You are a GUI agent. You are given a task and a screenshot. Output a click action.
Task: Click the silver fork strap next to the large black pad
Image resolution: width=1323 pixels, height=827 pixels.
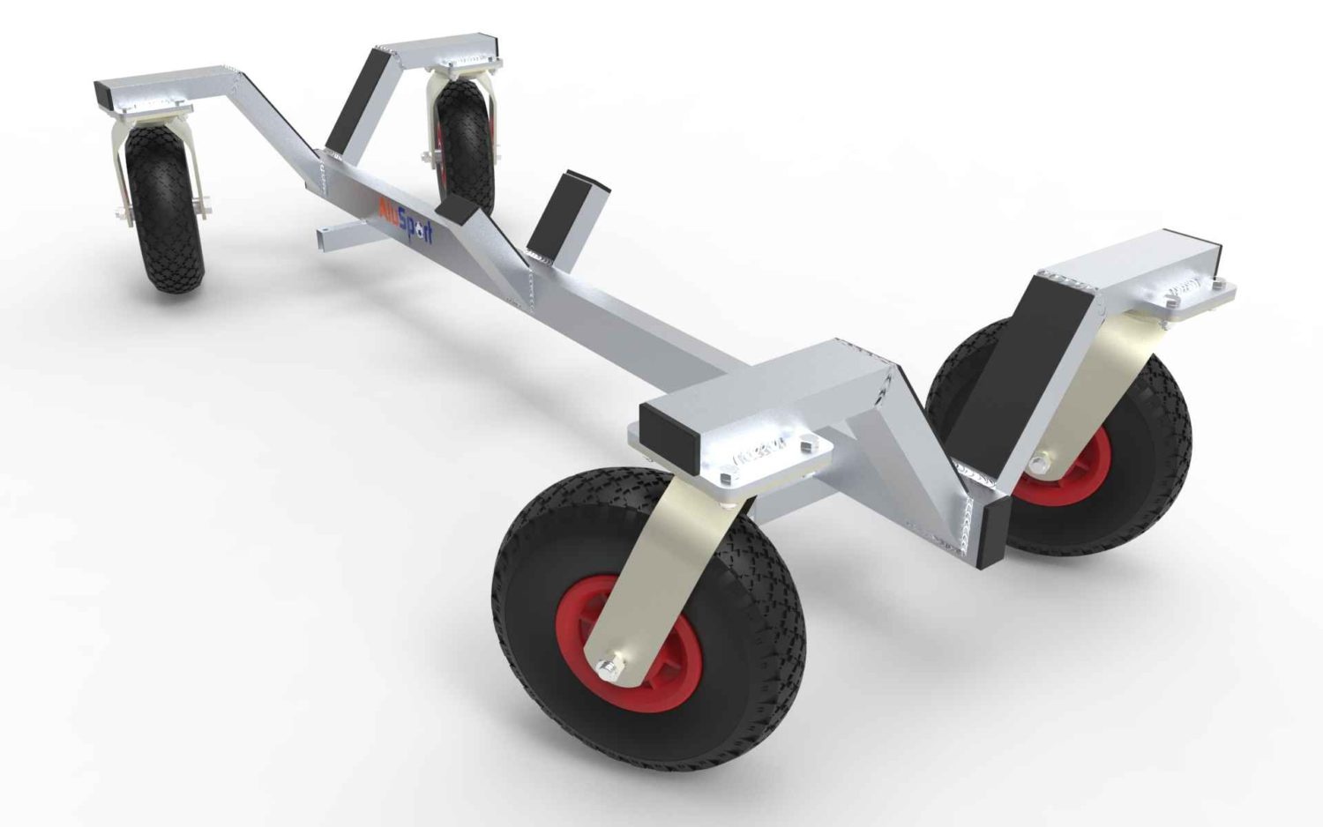pos(1085,388)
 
